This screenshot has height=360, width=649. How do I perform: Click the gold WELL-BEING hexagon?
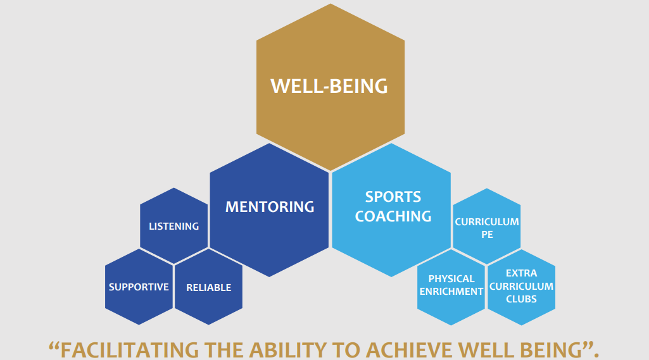tap(331, 87)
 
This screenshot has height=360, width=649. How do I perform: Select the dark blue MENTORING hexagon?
tap(269, 210)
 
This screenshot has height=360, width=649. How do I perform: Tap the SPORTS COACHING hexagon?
tap(391, 210)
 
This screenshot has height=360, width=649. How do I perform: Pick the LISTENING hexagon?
tap(174, 226)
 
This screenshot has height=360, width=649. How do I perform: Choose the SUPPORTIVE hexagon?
tap(139, 287)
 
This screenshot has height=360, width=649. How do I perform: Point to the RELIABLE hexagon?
tap(208, 287)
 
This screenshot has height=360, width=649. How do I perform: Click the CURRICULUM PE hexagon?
tap(487, 227)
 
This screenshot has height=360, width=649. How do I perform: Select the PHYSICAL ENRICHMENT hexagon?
tap(451, 287)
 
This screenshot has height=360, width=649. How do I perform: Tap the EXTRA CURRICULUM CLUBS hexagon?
tap(522, 287)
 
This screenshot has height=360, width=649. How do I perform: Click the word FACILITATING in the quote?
tap(130, 350)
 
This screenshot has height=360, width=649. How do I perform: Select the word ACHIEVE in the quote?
tap(409, 350)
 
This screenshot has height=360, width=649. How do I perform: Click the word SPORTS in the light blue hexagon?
tap(393, 197)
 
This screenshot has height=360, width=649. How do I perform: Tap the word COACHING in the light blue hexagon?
tap(393, 216)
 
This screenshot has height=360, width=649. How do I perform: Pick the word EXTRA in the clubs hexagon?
tap(522, 273)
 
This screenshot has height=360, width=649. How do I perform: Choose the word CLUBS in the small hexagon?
tap(522, 299)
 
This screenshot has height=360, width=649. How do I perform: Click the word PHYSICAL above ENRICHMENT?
tap(451, 279)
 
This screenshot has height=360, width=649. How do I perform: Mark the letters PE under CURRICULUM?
tap(487, 235)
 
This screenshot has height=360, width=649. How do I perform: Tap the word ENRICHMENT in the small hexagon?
tap(451, 292)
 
